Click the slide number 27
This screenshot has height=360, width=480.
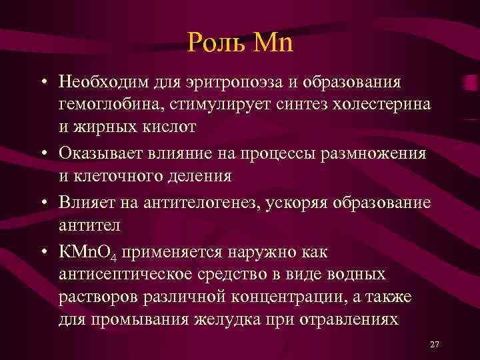[x=435, y=344]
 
